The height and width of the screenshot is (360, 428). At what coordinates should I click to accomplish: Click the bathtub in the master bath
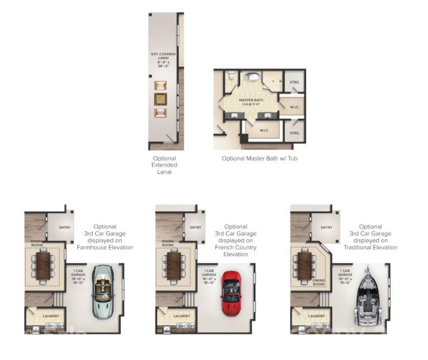(251, 78)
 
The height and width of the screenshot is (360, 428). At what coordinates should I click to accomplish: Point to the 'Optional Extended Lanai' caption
(164, 165)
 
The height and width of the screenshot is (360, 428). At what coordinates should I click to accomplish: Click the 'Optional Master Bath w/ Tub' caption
(259, 159)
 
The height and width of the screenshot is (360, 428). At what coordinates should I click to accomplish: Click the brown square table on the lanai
(161, 99)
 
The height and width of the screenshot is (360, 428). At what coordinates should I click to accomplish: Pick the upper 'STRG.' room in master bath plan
(294, 82)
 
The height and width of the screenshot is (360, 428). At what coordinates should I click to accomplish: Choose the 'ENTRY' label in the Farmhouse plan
(65, 228)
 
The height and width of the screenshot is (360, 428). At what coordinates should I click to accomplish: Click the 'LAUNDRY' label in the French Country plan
(181, 316)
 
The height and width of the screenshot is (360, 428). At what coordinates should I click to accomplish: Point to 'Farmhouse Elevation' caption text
(105, 247)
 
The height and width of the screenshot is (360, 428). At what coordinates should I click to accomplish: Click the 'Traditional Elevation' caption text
(371, 247)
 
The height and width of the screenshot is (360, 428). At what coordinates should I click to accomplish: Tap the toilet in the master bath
(231, 77)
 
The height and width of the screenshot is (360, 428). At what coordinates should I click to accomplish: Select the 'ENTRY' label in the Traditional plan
(326, 228)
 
